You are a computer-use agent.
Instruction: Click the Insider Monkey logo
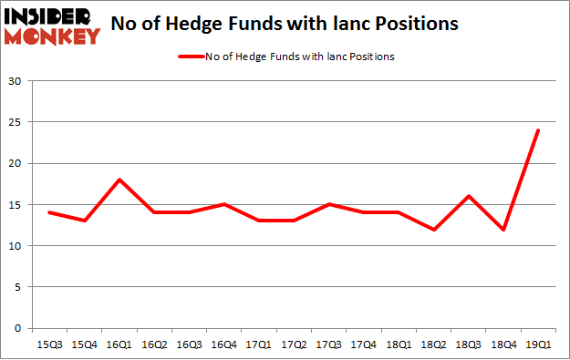coord(51,25)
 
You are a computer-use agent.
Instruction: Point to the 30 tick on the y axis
coord(16,82)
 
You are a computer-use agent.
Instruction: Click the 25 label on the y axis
coord(16,123)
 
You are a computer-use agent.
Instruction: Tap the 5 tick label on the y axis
coord(19,287)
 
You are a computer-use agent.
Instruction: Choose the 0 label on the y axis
coord(19,328)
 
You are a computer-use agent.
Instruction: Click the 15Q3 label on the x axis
coord(48,344)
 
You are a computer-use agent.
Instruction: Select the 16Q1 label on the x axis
coord(119,344)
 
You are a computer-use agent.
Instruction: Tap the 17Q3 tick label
coord(328,344)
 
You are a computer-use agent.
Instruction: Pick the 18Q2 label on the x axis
coord(433,344)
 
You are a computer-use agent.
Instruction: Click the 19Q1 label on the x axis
coord(538,344)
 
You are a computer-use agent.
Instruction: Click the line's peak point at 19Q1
coord(538,130)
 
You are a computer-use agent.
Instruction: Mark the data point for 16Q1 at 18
coord(119,180)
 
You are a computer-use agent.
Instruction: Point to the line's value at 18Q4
coord(503,229)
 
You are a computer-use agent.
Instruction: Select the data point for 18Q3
coord(468,196)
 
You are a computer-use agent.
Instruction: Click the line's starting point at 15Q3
coord(48,212)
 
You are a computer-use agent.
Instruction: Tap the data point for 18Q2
coord(433,229)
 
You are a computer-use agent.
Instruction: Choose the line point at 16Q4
coord(223,204)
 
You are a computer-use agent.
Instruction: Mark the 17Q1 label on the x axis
coord(258,344)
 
